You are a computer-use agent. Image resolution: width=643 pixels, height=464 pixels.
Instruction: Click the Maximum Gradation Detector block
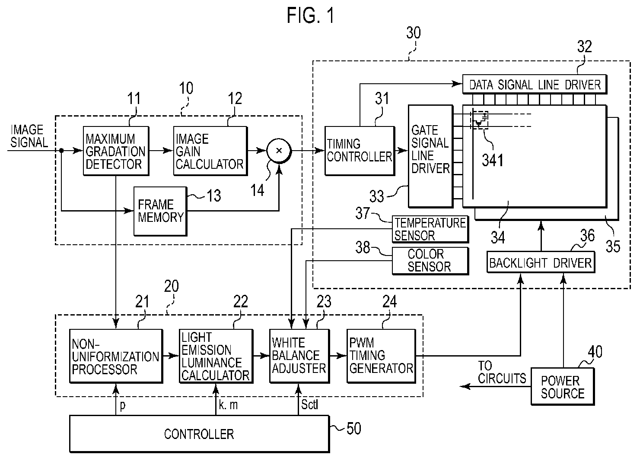(116, 151)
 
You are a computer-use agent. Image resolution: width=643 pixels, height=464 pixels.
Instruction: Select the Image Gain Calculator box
(210, 151)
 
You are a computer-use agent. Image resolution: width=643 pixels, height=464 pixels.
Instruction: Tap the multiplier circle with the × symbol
(279, 151)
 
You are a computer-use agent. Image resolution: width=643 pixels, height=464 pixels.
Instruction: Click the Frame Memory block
(160, 211)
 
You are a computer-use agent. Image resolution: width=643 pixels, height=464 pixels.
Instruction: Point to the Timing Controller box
(360, 151)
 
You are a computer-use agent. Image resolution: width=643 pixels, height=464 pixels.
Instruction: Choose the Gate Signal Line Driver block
(430, 156)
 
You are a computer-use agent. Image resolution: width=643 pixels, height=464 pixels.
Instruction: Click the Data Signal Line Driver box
(535, 84)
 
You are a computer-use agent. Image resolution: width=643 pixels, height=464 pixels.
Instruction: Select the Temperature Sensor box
(430, 230)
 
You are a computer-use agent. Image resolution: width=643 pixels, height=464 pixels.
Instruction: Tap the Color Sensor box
(430, 261)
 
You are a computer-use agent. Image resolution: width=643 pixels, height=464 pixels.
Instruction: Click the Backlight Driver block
(541, 262)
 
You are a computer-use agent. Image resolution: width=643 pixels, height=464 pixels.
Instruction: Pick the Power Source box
(563, 387)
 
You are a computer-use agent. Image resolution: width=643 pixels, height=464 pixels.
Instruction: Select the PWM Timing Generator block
(381, 356)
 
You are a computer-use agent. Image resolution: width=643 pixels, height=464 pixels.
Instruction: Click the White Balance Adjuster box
(299, 356)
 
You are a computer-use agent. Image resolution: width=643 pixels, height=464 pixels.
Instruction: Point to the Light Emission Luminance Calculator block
(216, 356)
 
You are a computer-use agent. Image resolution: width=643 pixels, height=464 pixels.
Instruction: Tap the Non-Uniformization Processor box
(116, 356)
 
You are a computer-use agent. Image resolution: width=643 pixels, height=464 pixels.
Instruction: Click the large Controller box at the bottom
(199, 434)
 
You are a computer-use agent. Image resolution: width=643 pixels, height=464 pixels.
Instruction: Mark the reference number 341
(493, 160)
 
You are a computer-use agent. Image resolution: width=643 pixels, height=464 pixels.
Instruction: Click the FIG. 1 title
(311, 16)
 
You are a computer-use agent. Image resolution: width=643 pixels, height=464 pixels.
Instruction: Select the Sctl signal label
(309, 404)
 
